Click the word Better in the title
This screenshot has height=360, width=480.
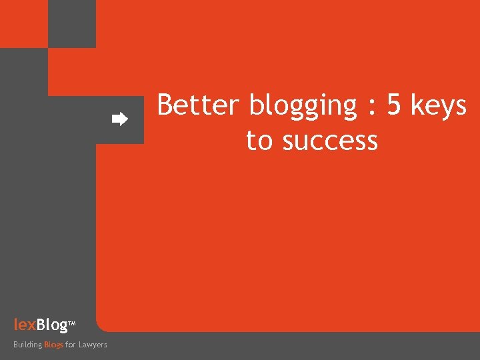[x=198, y=105]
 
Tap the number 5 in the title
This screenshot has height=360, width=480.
[x=394, y=105]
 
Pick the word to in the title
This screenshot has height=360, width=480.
[x=259, y=141]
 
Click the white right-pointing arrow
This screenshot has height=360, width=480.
[x=119, y=120]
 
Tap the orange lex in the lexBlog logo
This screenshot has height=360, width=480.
[x=25, y=325]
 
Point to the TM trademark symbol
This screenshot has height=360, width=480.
[x=72, y=325]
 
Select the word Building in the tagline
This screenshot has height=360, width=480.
[x=27, y=345]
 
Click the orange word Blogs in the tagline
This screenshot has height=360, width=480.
[x=53, y=345]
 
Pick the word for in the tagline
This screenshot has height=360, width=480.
[x=70, y=345]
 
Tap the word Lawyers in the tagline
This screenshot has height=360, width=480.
[x=93, y=345]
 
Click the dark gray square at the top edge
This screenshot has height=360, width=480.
[x=72, y=24]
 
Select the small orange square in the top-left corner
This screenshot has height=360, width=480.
[x=24, y=24]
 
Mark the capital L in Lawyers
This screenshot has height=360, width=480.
[x=81, y=345]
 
